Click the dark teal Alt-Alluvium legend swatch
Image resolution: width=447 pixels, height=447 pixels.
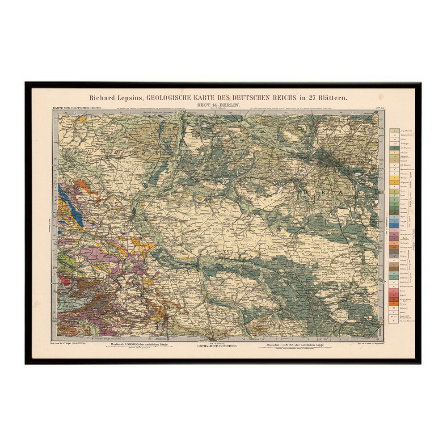(393, 148)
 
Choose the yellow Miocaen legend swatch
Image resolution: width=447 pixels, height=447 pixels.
(393, 177)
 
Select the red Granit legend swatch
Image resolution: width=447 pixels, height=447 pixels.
(393, 296)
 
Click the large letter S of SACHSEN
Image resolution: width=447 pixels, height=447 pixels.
(118, 203)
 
